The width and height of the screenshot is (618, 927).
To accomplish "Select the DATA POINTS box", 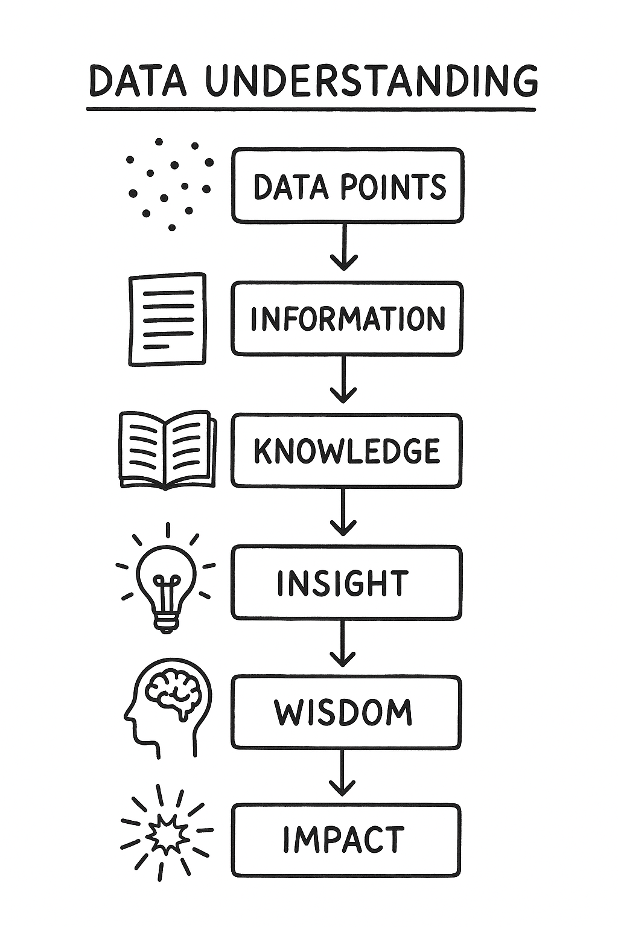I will [x=348, y=185].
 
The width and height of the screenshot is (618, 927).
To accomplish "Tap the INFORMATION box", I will [x=348, y=318].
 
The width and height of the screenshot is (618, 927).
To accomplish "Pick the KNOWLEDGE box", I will [x=346, y=451].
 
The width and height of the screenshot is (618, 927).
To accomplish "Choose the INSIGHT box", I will [x=346, y=583].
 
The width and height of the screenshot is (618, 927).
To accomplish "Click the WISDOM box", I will [x=346, y=713].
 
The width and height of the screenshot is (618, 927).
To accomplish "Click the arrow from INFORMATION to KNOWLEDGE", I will [x=343, y=379].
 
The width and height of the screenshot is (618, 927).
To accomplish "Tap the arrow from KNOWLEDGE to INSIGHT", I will [x=343, y=512].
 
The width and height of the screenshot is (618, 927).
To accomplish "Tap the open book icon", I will [x=167, y=450].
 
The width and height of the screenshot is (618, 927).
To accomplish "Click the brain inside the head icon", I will [x=171, y=693].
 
